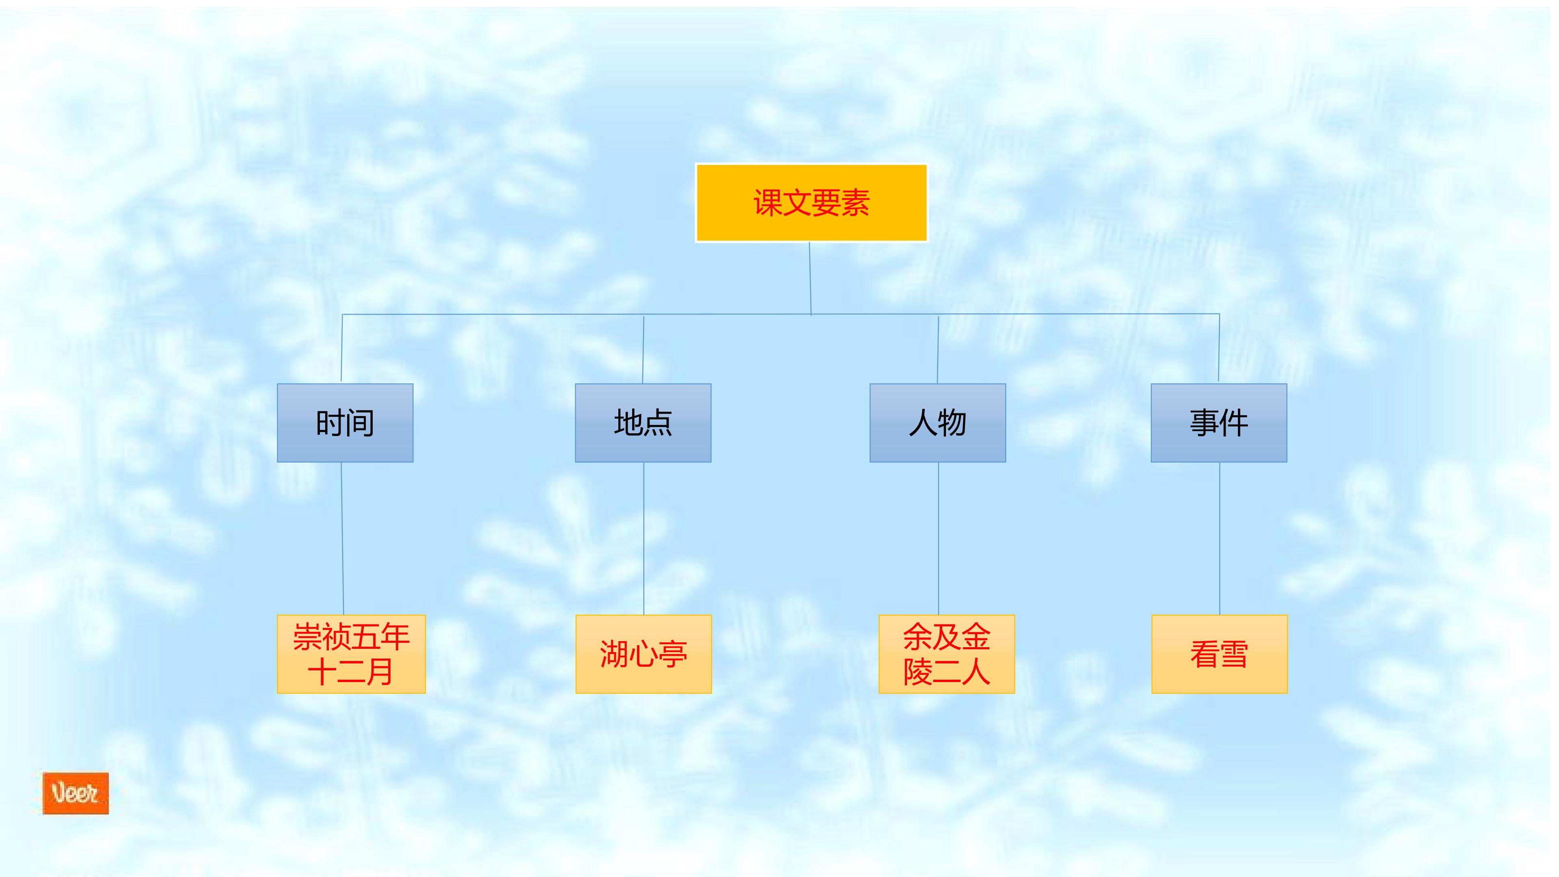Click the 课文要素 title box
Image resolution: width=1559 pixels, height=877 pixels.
(x=811, y=203)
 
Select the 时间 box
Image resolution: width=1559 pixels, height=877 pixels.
(x=345, y=422)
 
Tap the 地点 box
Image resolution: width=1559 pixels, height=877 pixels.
(x=643, y=422)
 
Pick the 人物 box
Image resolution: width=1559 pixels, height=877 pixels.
(x=937, y=422)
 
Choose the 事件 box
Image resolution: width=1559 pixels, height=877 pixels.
(x=1219, y=422)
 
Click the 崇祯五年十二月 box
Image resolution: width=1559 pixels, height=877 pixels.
(x=351, y=654)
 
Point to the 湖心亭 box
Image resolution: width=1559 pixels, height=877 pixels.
(x=643, y=654)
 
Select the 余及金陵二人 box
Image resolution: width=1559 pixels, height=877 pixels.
(x=946, y=654)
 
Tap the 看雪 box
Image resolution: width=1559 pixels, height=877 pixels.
(x=1220, y=654)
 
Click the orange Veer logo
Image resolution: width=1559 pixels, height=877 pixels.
(x=76, y=793)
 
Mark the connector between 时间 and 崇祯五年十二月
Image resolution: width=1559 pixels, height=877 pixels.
(x=343, y=539)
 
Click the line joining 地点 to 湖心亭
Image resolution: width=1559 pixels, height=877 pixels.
(x=643, y=539)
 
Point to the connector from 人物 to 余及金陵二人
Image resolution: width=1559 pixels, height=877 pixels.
(x=939, y=539)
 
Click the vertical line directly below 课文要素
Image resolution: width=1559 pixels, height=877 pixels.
(x=810, y=279)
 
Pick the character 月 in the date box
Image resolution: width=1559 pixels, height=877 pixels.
(x=380, y=672)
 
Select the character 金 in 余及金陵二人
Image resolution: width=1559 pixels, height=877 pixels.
(x=976, y=637)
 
